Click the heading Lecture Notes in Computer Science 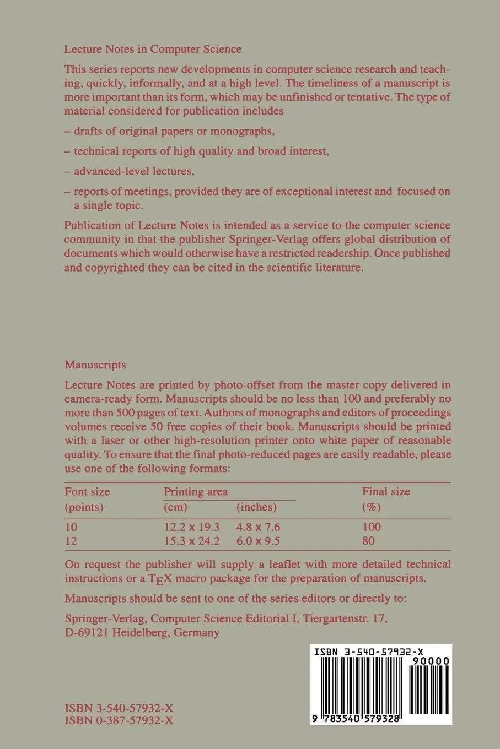click(x=153, y=49)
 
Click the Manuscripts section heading click(x=95, y=365)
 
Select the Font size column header click(x=87, y=491)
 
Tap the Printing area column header click(x=196, y=491)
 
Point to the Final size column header click(x=386, y=491)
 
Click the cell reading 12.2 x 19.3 click(x=192, y=527)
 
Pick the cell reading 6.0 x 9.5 click(x=258, y=541)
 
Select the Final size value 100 click(x=372, y=527)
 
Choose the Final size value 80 click(x=368, y=541)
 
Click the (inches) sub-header click(x=256, y=507)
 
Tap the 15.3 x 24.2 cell click(x=192, y=541)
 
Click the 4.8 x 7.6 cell click(x=258, y=527)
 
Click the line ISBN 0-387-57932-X click(x=119, y=720)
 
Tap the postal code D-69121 click(x=87, y=632)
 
